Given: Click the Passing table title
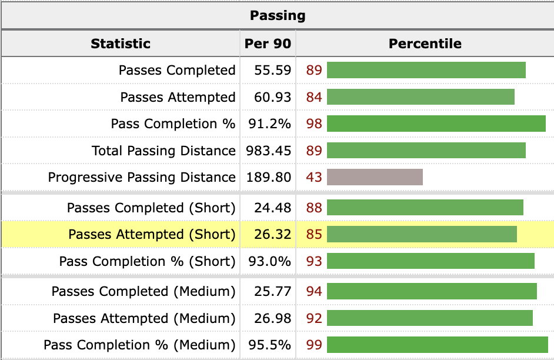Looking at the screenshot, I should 278,15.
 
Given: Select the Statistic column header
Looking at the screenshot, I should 121,44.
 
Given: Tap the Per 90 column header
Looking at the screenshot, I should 268,44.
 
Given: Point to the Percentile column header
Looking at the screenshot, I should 425,44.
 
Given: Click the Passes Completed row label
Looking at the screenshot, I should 176,71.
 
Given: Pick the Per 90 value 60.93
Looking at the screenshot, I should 272,97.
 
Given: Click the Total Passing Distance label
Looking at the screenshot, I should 163,151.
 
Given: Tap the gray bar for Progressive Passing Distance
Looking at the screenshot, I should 375,178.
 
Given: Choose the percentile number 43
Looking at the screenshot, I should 314,178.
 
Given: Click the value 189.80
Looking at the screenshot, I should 269,178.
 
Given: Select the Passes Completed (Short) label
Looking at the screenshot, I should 151,208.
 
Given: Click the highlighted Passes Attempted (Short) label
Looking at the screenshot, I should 152,235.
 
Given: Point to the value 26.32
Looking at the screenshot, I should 272,235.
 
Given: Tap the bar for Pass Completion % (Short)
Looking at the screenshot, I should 430,261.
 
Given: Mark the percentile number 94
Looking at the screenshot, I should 314,292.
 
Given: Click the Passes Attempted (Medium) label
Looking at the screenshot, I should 144,319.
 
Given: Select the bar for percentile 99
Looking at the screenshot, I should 437,345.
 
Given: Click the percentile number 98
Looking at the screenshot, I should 314,124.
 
